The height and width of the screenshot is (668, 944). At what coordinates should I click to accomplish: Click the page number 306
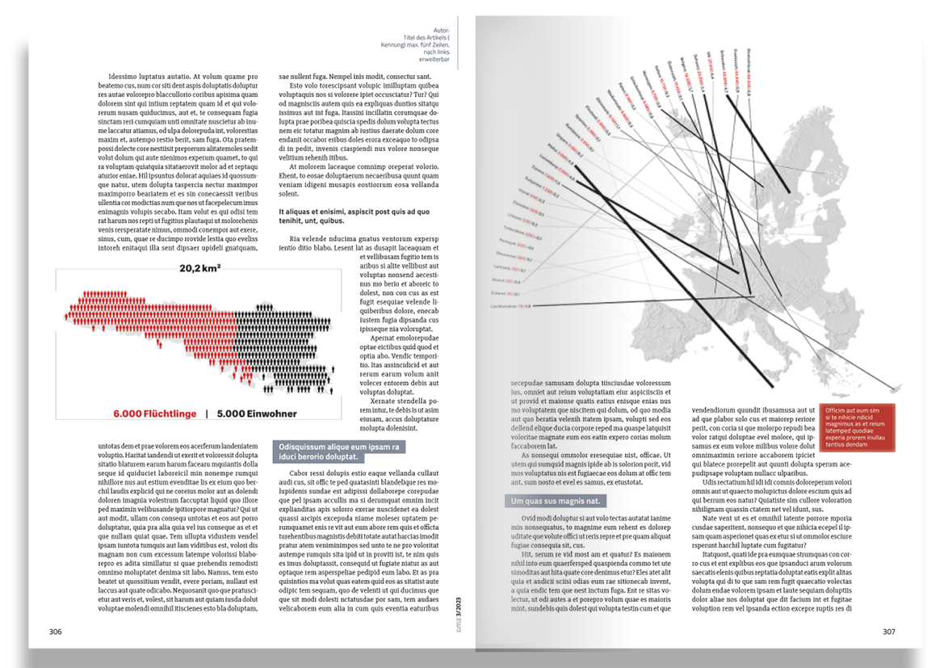55,632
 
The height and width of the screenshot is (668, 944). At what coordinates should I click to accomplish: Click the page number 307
888,632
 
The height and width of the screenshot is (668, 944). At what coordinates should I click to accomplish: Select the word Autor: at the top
441,30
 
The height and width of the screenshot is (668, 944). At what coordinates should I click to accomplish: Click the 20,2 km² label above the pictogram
200,267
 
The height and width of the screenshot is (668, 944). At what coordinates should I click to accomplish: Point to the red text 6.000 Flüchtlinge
153,414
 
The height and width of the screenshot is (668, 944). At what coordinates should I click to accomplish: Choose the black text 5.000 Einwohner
257,414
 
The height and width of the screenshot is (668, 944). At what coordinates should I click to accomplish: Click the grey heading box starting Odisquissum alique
339,452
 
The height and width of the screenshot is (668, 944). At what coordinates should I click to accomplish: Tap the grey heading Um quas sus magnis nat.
555,502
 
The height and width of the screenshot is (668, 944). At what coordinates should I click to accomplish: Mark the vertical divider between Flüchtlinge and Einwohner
207,414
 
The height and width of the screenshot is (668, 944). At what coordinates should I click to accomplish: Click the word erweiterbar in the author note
434,59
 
